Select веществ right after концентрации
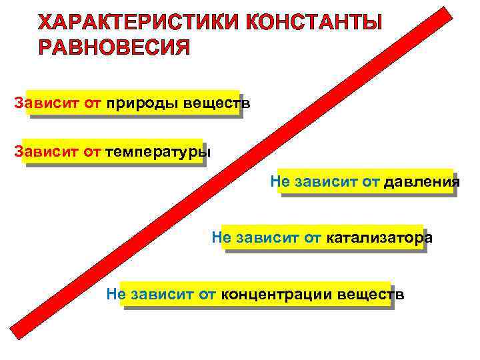(371, 294)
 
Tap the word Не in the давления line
(279, 181)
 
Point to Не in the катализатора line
(219, 237)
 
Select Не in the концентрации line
(115, 294)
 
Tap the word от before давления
(369, 181)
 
